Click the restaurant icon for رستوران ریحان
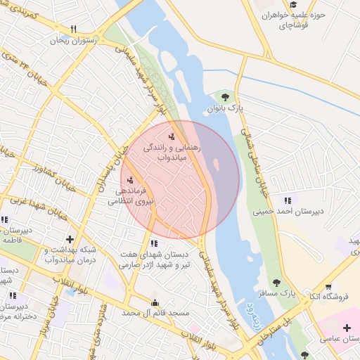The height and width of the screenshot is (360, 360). click(73, 30)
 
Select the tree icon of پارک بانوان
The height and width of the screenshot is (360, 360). click(225, 97)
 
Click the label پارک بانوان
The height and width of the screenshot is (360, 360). click(224, 110)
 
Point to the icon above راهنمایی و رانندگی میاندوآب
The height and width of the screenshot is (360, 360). click(172, 136)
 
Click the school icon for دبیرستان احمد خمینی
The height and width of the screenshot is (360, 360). click(287, 198)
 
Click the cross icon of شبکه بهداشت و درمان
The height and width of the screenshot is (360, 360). click(69, 240)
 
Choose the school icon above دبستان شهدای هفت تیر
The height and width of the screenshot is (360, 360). click(154, 243)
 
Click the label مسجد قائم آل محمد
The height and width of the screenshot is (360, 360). click(155, 313)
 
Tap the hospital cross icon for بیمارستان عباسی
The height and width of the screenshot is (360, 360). click(346, 328)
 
